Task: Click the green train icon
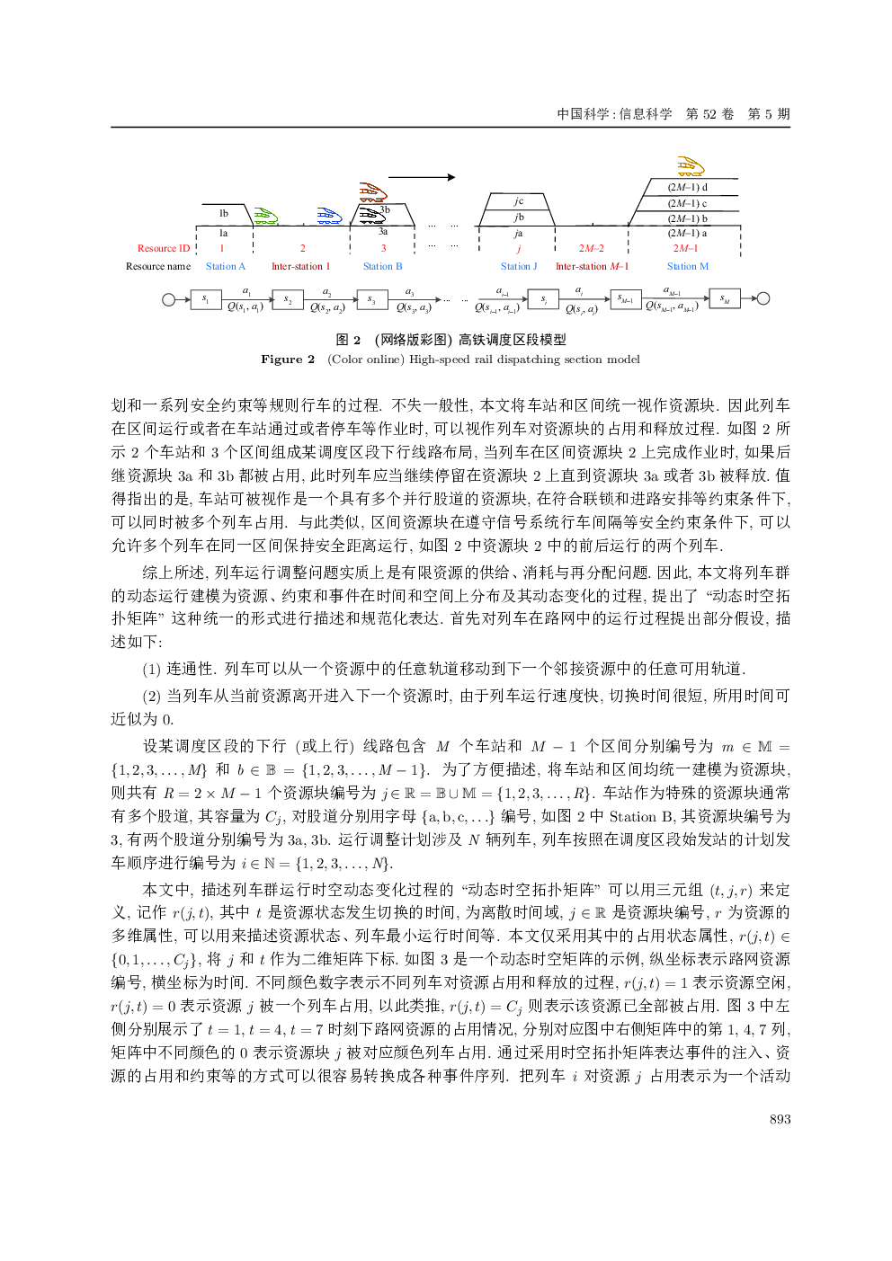coord(265,217)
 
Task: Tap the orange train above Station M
coord(691,166)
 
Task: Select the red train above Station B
coord(372,191)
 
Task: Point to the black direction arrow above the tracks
coord(422,177)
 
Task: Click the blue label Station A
coord(225,266)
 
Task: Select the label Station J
coord(519,266)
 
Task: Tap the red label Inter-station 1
coord(300,266)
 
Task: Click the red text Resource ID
coord(164,248)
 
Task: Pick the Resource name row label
coord(158,266)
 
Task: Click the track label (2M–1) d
coord(688,187)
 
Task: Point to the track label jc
coord(519,201)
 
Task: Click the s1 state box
coord(206,299)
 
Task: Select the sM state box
coord(725,299)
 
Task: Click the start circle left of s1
coord(169,299)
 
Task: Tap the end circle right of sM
coord(763,299)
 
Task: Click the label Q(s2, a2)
coord(327,307)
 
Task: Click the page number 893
coord(780,1119)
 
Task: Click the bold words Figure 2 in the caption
coord(288,360)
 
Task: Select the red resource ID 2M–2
coord(591,248)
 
